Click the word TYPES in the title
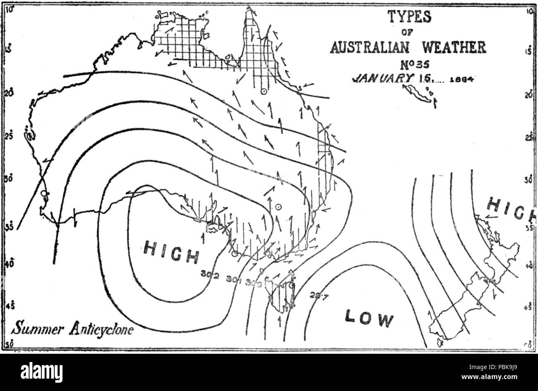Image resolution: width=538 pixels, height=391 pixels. tap(409, 17)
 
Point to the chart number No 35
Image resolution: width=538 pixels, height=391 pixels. tap(409, 64)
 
